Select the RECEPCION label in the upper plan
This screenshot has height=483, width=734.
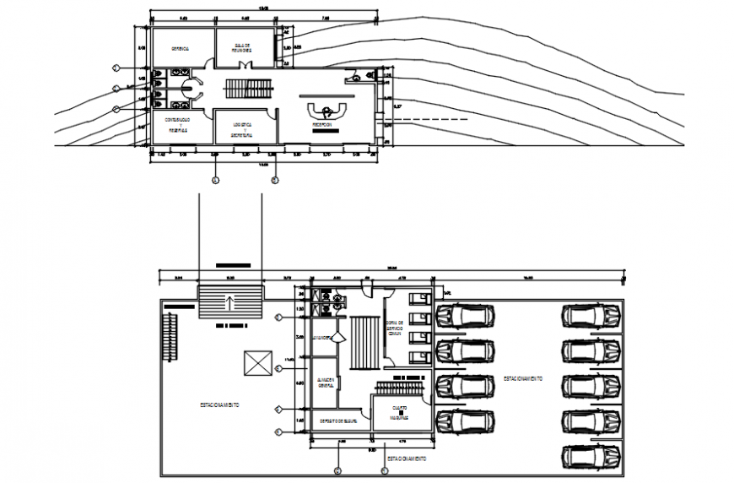coord(326,125)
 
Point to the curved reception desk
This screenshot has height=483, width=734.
coord(326,109)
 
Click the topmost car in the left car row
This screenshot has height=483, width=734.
coord(465,316)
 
